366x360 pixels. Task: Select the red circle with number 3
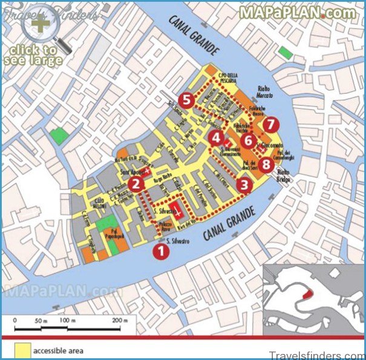[244, 185]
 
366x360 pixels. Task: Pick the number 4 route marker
[215, 138]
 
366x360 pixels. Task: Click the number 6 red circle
[247, 140]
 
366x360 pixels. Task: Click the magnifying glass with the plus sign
[41, 24]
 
